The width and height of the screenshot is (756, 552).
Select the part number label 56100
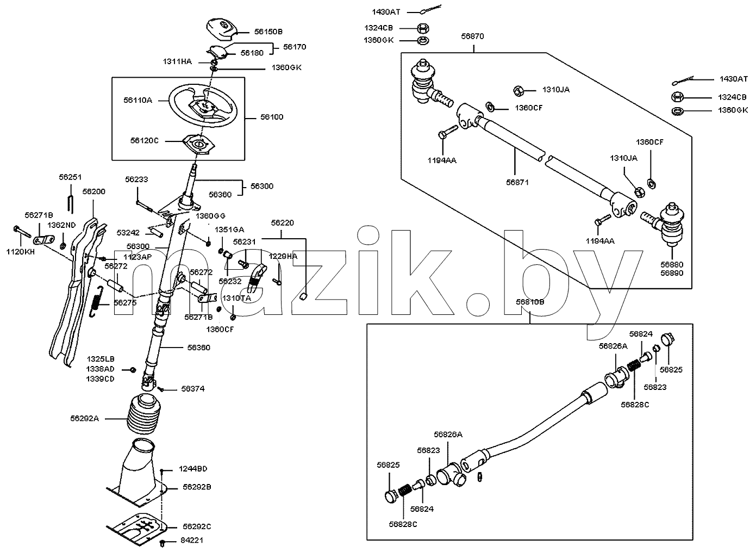click(272, 117)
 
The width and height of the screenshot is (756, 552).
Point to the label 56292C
click(197, 526)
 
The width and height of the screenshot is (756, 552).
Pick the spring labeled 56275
click(96, 301)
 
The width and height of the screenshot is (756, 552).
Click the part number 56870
click(472, 36)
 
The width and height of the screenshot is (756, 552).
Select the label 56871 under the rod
click(517, 182)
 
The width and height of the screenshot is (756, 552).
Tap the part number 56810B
click(530, 302)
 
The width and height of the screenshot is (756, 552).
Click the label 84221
click(192, 541)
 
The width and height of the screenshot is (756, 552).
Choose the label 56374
click(193, 389)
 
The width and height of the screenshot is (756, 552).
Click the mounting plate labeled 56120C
click(199, 145)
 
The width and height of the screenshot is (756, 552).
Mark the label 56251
click(70, 177)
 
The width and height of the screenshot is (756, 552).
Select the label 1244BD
click(193, 469)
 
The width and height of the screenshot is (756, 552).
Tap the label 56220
click(283, 223)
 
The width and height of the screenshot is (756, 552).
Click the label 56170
click(295, 47)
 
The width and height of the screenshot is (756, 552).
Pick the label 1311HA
click(177, 61)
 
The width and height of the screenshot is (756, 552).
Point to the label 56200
click(94, 191)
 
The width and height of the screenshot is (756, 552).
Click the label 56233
click(136, 179)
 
